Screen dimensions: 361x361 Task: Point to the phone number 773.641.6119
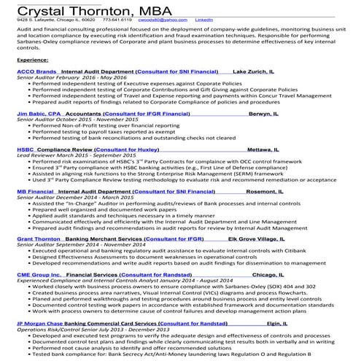coord(120,21)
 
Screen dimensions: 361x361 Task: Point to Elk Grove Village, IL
coord(261,238)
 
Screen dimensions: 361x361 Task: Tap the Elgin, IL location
coord(282,322)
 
